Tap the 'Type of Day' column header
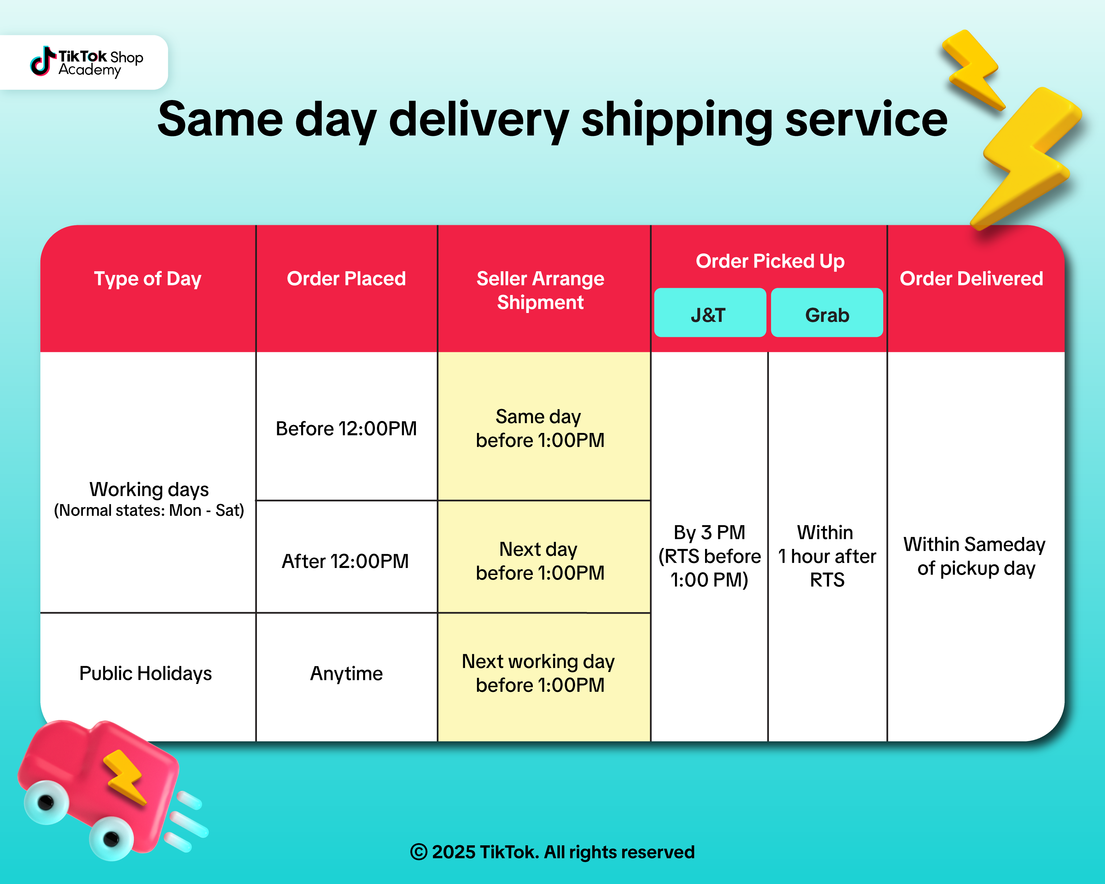[x=148, y=279]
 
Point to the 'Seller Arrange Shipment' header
[x=540, y=290]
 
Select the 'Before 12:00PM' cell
[x=347, y=428]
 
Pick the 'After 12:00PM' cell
[x=345, y=561]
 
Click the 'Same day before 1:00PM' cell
[x=540, y=428]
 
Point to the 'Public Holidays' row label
[x=145, y=674]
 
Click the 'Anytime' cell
[x=347, y=674]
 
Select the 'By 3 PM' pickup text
[x=709, y=532]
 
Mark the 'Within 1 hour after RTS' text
[x=827, y=556]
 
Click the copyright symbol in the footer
[x=419, y=852]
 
